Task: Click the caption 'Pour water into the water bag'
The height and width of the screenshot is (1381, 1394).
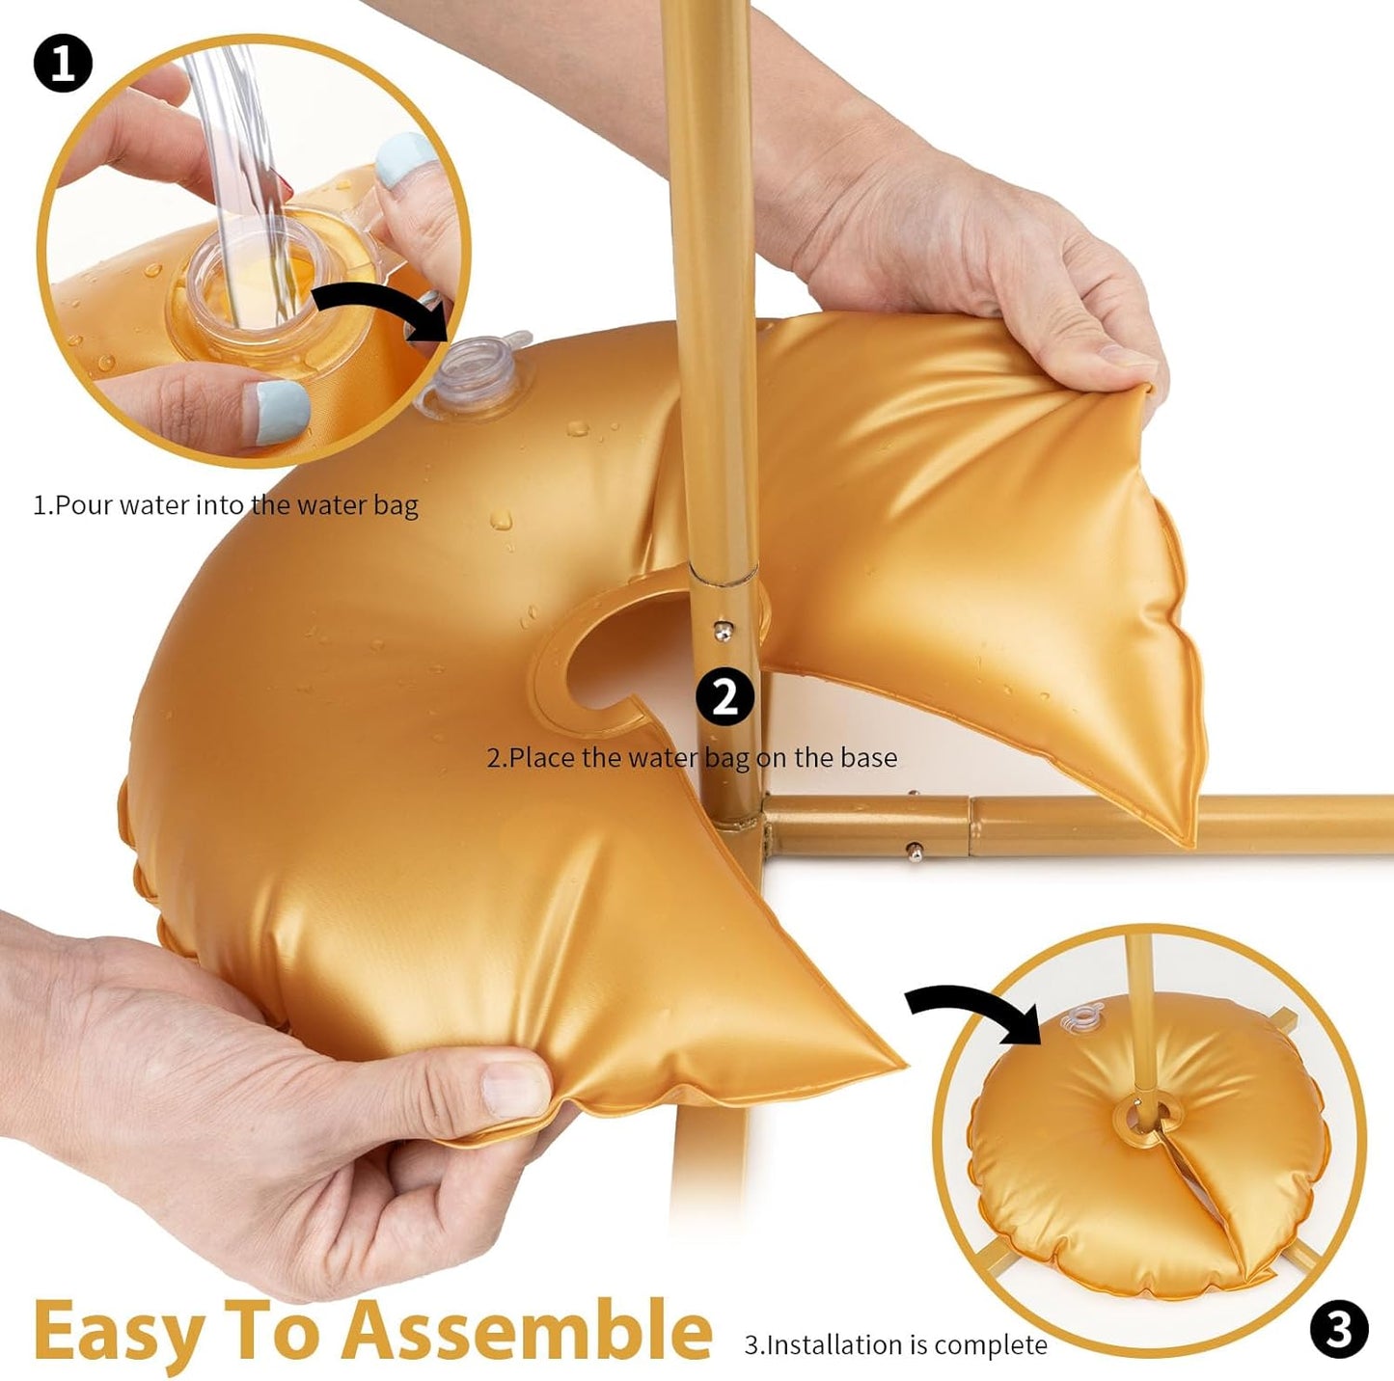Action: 226,504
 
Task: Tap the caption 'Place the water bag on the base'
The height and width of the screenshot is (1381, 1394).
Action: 692,757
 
